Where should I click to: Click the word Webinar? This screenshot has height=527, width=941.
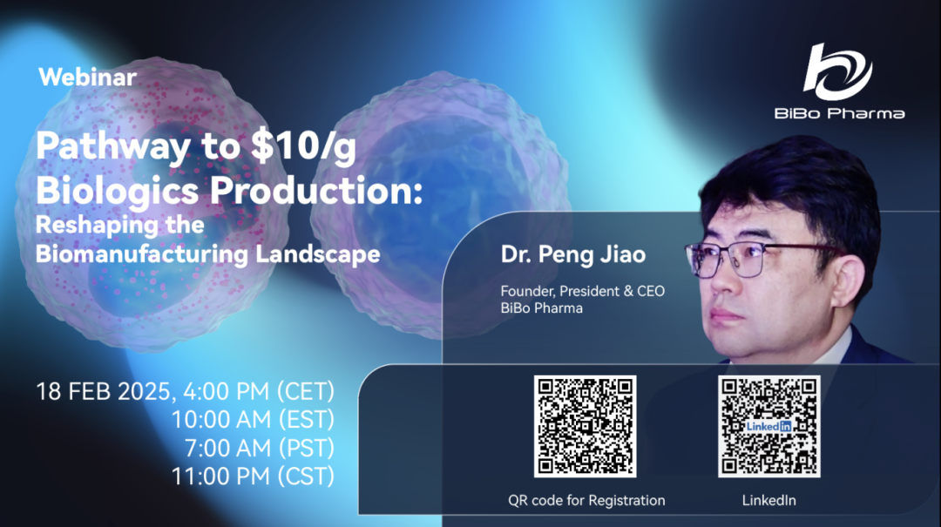coord(87,77)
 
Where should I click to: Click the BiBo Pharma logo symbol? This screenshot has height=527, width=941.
coord(837,71)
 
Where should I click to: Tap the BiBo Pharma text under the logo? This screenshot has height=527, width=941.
coord(838,113)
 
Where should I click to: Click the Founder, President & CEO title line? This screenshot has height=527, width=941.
coord(582,291)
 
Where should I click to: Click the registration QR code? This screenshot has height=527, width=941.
coord(585,426)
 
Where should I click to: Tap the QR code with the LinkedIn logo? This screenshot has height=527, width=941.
coord(768,426)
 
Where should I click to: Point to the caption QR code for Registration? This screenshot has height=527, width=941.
coord(586,501)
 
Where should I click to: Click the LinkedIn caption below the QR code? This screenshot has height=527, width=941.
coord(768,501)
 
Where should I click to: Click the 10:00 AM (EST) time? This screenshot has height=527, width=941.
coord(253,420)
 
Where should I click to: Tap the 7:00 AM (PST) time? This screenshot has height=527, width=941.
coord(259,449)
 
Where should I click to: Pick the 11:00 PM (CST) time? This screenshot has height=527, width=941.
coord(253,477)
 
